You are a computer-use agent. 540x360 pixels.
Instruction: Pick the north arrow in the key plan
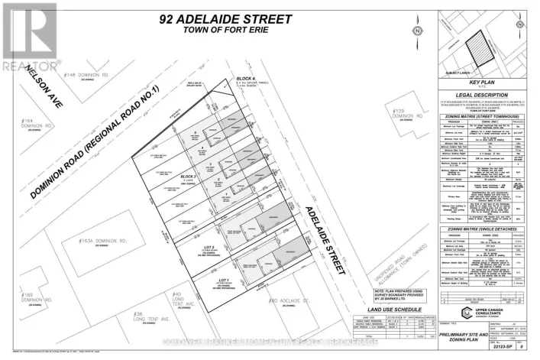[522, 30]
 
